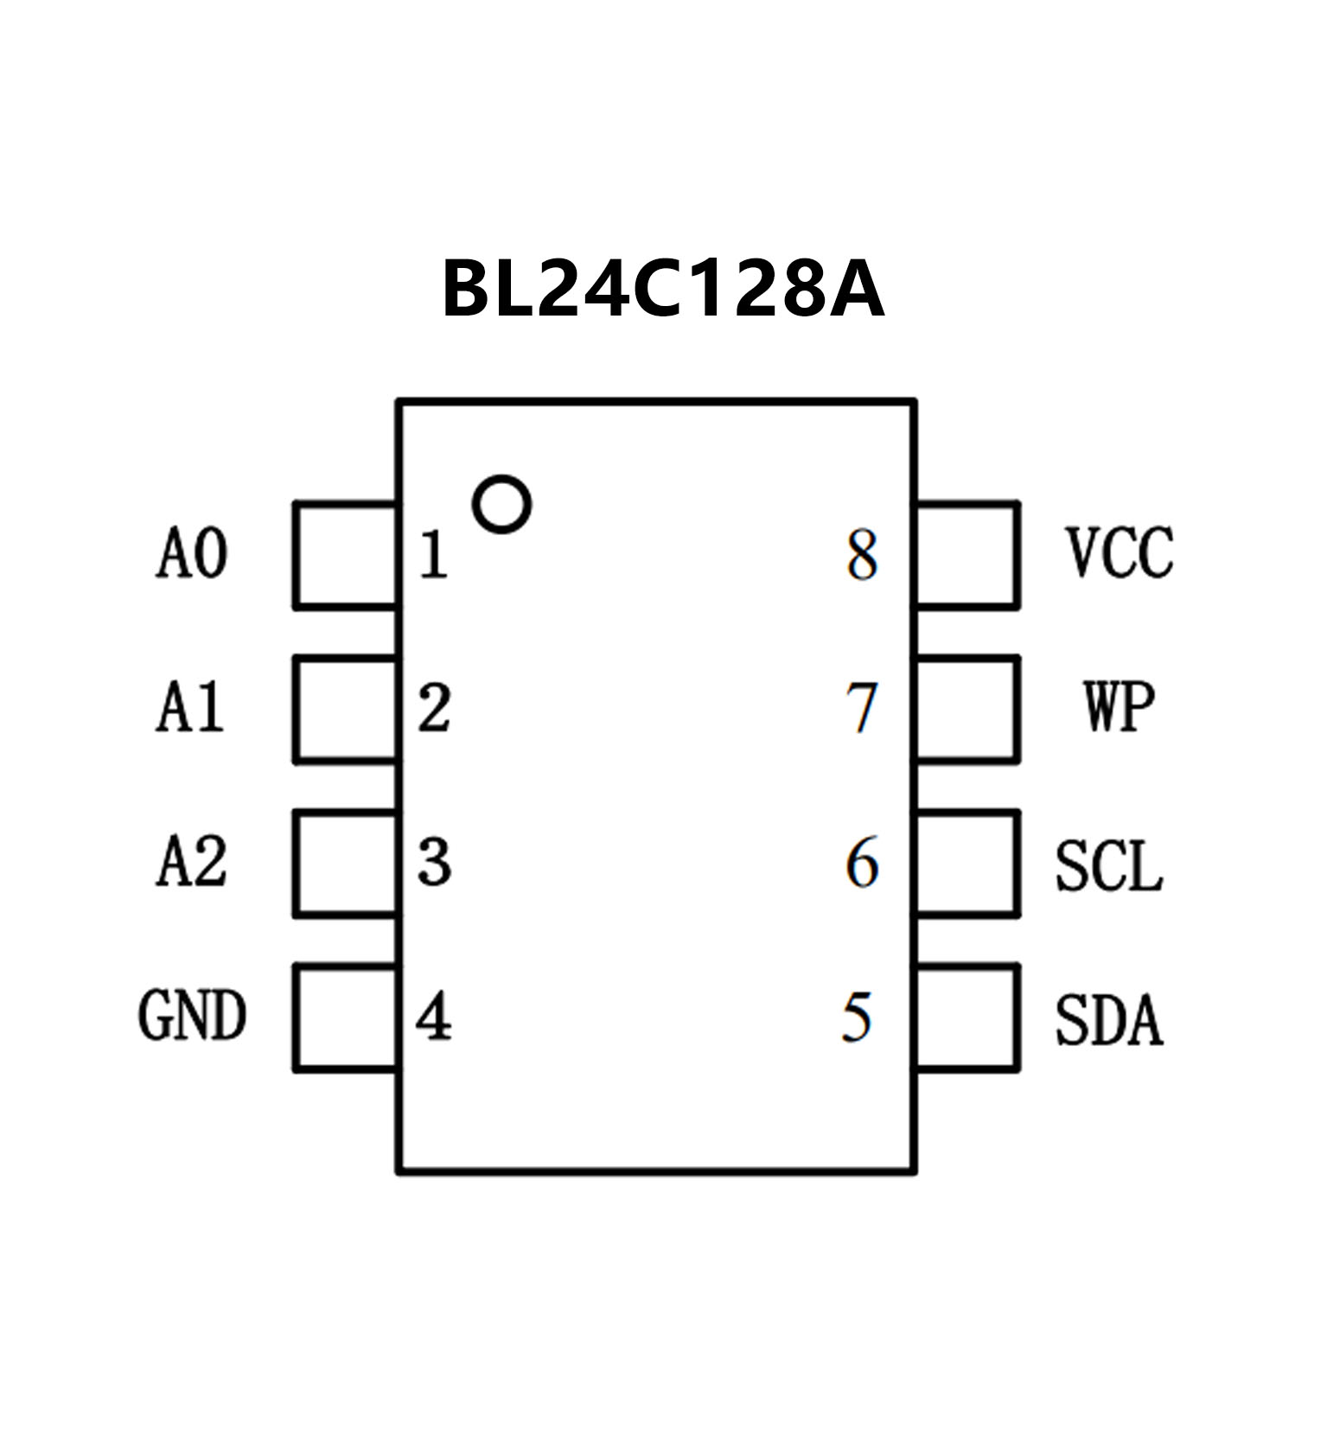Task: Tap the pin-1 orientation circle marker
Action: (x=501, y=504)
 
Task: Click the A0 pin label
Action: (x=192, y=554)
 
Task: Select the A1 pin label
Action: (x=190, y=708)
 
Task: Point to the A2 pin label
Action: (x=192, y=862)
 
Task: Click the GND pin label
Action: (x=192, y=1016)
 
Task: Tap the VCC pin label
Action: (x=1120, y=552)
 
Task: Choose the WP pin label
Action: (x=1119, y=707)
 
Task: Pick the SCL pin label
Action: (x=1109, y=865)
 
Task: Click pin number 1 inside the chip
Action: (x=433, y=555)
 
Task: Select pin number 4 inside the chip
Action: (x=433, y=1017)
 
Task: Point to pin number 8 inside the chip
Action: (x=862, y=555)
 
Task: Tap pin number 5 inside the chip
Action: (x=857, y=1017)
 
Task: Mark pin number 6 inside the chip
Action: (x=862, y=863)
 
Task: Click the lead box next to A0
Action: (x=346, y=555)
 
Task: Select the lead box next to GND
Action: (x=346, y=1017)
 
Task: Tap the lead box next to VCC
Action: (x=967, y=555)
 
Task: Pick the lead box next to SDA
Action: (x=967, y=1017)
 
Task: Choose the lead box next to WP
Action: (x=967, y=709)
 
